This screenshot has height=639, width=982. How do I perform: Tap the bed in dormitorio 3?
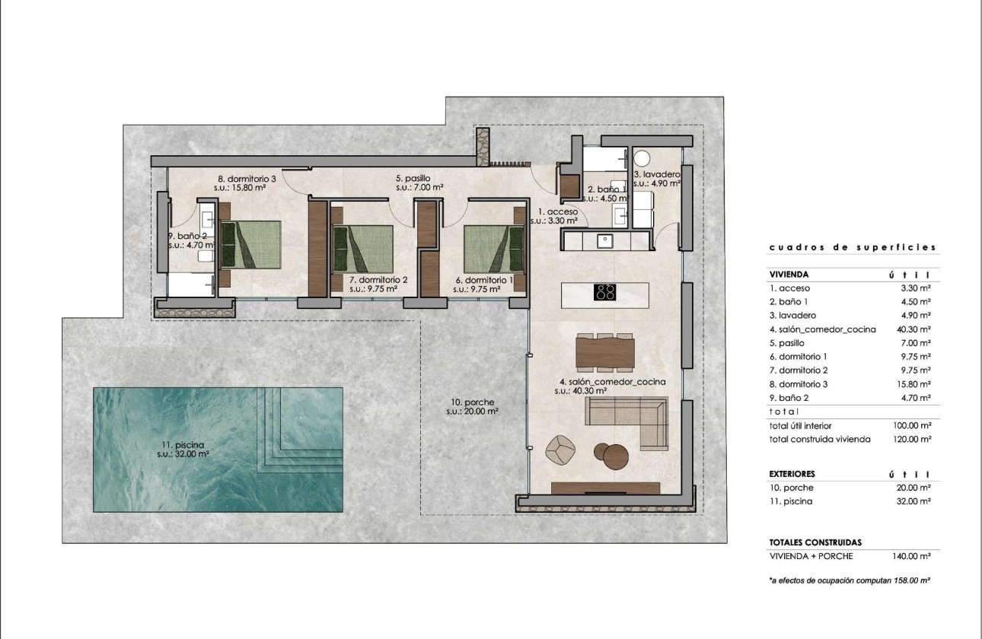(x=251, y=244)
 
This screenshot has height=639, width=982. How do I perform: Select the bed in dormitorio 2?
(x=363, y=249)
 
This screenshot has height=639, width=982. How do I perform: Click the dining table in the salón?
(x=605, y=352)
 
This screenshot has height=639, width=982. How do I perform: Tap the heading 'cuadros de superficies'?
(x=852, y=247)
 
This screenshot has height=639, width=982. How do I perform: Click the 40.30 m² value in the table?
(x=913, y=329)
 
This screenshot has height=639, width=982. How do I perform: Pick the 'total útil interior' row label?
(x=807, y=425)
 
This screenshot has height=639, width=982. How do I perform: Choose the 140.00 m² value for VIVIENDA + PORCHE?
(x=912, y=556)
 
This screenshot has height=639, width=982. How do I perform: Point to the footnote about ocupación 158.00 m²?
(x=851, y=580)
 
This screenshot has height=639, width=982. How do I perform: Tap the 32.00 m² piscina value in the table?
(x=913, y=501)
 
